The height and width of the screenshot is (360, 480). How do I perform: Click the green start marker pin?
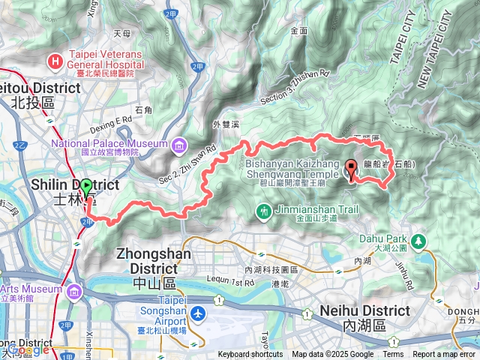(86, 189)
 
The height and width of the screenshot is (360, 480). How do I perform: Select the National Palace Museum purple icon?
(178, 144)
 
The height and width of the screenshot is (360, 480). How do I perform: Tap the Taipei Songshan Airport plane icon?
(196, 313)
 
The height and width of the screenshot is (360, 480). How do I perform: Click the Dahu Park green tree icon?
(418, 241)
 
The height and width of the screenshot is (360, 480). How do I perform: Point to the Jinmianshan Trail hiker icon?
(264, 213)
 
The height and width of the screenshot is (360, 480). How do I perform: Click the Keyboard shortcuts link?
(250, 355)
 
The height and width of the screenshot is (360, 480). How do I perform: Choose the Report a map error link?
(445, 355)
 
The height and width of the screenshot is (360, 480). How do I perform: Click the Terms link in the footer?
(393, 355)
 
